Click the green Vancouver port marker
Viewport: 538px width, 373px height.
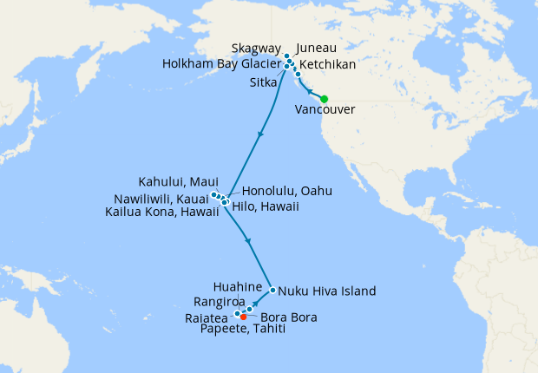point(324,99)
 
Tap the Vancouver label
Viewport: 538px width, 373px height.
point(324,110)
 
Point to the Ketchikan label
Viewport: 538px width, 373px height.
point(327,65)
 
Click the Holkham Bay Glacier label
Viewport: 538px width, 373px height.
point(222,65)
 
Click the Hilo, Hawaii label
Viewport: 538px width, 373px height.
point(266,206)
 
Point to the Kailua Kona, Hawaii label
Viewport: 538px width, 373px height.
point(161,211)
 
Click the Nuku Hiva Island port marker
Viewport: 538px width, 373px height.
point(272,291)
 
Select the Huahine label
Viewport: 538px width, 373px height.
point(237,285)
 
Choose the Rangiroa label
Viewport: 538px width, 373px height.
point(227,302)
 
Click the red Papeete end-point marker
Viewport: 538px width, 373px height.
point(243,317)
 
